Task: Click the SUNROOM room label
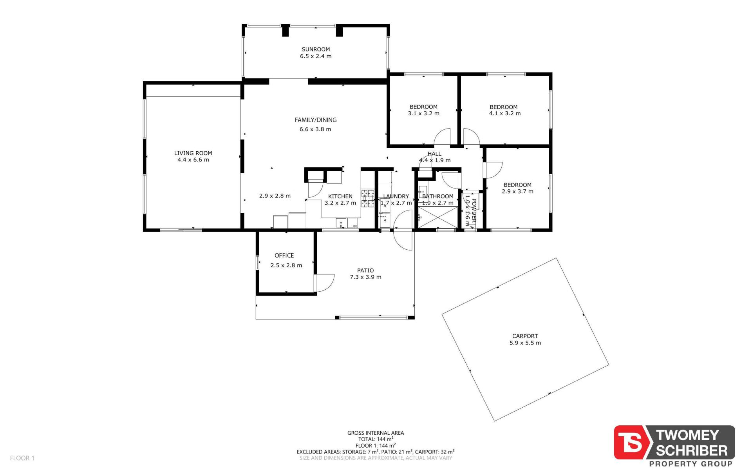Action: point(316,49)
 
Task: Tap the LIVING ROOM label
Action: point(193,153)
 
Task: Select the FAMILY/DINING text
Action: point(316,120)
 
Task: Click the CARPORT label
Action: point(525,336)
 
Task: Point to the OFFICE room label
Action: point(284,256)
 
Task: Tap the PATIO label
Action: point(365,270)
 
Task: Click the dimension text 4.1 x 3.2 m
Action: point(505,114)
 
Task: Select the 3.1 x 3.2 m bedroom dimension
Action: point(423,114)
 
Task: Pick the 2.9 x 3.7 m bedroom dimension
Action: point(517,192)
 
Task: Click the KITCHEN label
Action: point(340,196)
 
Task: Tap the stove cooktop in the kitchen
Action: point(367,198)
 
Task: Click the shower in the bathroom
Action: point(437,217)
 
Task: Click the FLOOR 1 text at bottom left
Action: point(22,458)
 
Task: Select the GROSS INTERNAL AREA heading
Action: point(376,433)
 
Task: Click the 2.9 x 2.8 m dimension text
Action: point(275,196)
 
